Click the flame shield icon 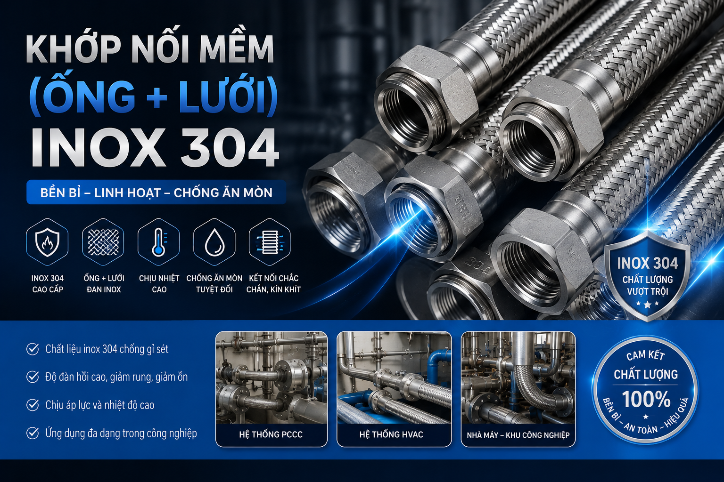tap(47, 242)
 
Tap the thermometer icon tap(158, 242)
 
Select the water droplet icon tap(214, 242)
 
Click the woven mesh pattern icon tap(103, 242)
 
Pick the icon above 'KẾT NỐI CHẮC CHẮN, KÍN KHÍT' tap(270, 242)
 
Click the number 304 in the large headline tap(229, 148)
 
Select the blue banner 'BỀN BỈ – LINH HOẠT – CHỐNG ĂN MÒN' tap(156, 193)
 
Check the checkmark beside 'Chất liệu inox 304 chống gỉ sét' tap(33, 349)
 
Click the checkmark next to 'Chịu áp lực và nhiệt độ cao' tap(33, 405)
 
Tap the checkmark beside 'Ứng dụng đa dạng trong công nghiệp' tap(33, 433)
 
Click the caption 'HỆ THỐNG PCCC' tap(271, 434)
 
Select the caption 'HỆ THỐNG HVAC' tap(391, 434)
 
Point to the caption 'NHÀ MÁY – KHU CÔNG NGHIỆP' tap(518, 435)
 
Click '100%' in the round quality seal tap(646, 399)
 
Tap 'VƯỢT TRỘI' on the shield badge tap(647, 291)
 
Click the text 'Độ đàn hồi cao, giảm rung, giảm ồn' tap(116, 377)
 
